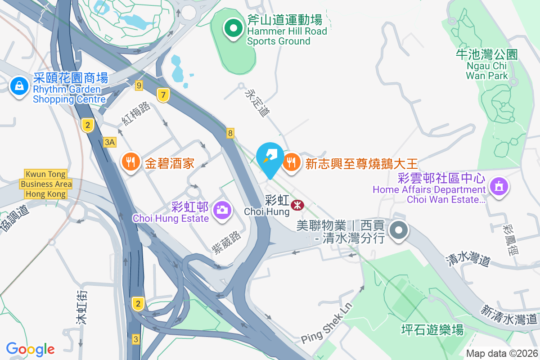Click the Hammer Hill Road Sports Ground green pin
click(233, 29)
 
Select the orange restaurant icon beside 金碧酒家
click(131, 162)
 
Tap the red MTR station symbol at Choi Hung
click(297, 205)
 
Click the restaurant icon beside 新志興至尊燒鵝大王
click(292, 162)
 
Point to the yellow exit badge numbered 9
click(139, 85)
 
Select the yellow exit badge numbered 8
click(230, 133)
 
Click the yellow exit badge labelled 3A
click(110, 142)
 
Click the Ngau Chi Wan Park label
click(486, 65)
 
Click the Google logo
click(30, 349)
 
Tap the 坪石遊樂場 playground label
click(432, 330)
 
